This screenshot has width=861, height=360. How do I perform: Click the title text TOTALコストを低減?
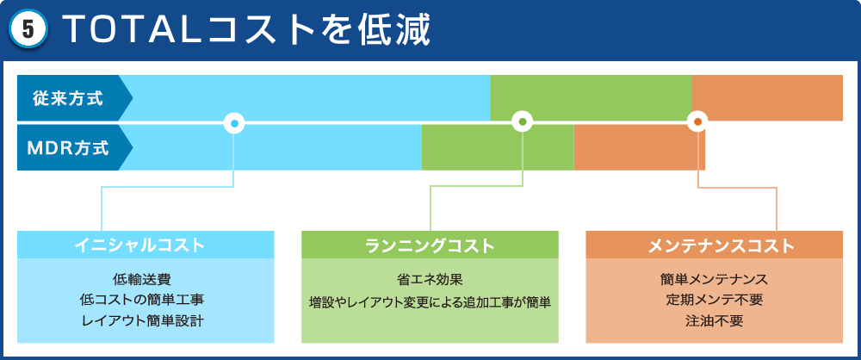click(246, 31)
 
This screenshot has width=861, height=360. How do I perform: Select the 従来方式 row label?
click(68, 99)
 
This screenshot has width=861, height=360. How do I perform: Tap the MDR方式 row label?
click(68, 148)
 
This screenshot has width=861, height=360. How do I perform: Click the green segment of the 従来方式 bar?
click(591, 98)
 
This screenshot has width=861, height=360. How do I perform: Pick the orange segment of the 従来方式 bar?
click(767, 98)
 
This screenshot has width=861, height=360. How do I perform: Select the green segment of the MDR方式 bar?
click(498, 147)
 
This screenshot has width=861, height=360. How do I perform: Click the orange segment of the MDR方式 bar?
click(639, 147)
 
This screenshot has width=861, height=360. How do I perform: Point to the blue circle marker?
click(234, 122)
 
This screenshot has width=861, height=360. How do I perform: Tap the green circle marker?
click(523, 122)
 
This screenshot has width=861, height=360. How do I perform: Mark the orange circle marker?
click(697, 122)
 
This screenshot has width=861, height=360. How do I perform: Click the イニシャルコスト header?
click(146, 245)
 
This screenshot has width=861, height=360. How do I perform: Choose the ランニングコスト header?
click(430, 245)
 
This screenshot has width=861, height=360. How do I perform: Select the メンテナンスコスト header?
click(715, 245)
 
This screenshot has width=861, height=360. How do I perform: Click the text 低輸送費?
click(142, 280)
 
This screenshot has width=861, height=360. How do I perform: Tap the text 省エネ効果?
click(430, 280)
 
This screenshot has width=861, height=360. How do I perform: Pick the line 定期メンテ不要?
click(715, 301)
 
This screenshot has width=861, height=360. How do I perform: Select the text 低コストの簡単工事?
click(142, 301)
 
